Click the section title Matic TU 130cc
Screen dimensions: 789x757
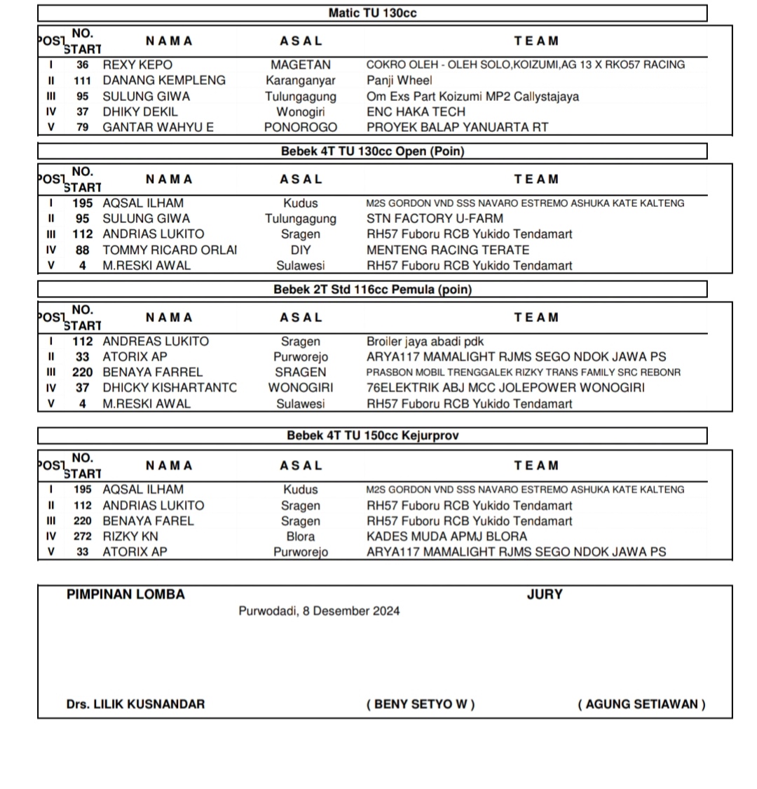(x=372, y=13)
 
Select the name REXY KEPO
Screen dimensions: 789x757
(x=137, y=65)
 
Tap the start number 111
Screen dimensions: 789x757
(x=83, y=81)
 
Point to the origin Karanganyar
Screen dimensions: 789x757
(x=300, y=81)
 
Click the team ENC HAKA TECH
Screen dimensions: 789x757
(x=416, y=112)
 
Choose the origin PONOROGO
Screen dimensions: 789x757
(x=300, y=128)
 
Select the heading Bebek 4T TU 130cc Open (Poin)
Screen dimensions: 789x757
(x=372, y=151)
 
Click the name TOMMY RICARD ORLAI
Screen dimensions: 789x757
(x=170, y=250)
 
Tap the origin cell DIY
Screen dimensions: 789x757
(x=300, y=250)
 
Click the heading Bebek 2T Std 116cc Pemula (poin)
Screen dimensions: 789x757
(x=372, y=290)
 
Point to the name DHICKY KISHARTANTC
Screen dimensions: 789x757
(x=170, y=388)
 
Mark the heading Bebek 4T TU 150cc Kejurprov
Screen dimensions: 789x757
(x=372, y=436)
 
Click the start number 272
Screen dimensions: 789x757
(x=83, y=537)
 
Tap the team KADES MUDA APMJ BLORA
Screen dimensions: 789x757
(x=446, y=537)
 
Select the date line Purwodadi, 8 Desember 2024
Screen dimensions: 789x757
(x=319, y=611)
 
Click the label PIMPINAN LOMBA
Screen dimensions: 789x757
(x=125, y=595)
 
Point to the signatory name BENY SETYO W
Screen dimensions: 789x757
(x=421, y=704)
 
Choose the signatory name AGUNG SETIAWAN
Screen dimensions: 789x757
(x=641, y=704)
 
